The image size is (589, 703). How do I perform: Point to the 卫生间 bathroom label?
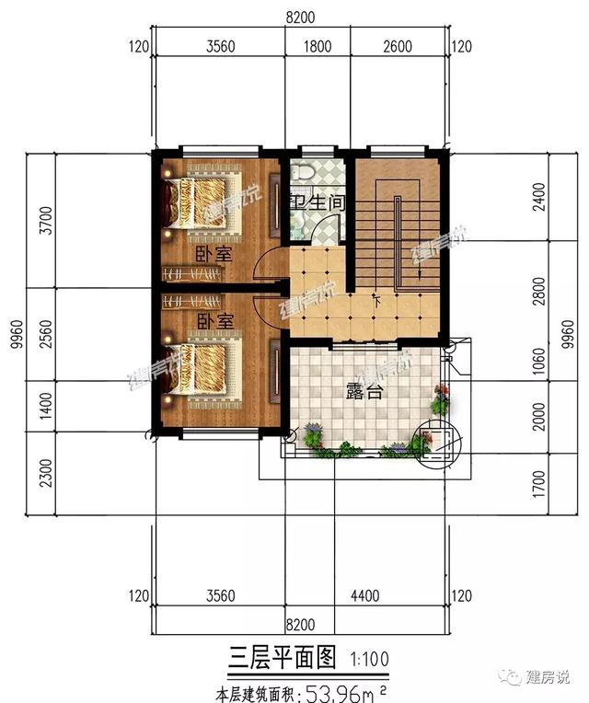pyautogui.click(x=317, y=202)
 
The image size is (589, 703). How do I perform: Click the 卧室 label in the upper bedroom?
pyautogui.click(x=213, y=252)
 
